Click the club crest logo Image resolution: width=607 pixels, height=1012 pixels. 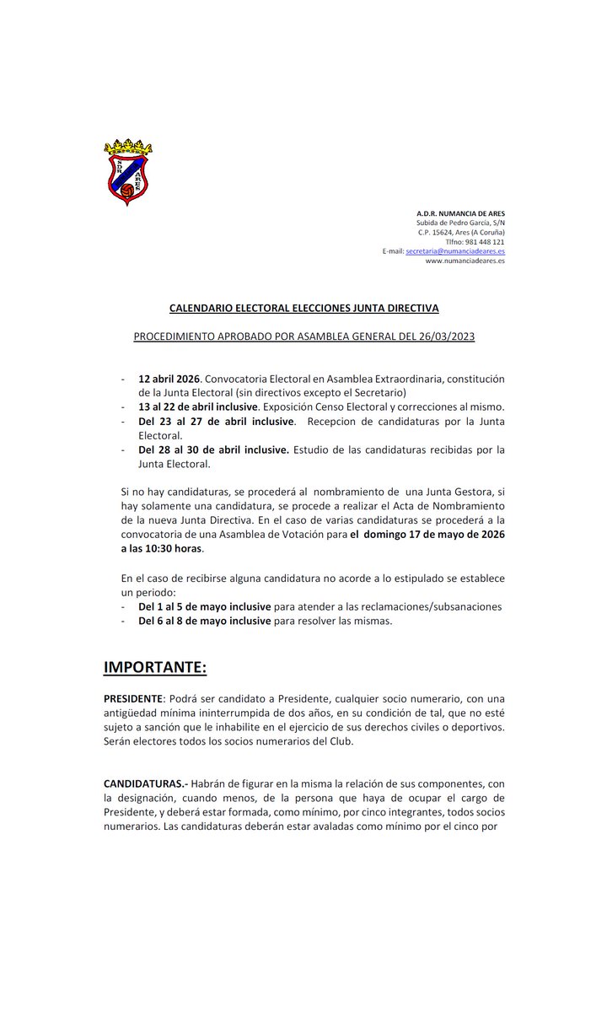(127, 172)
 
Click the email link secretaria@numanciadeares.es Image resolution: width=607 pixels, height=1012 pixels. (455, 251)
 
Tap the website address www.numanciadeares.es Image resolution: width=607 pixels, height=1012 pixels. (465, 261)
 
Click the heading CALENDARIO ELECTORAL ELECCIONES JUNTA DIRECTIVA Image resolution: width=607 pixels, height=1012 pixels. (303, 309)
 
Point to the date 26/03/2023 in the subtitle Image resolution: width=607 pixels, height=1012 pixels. (445, 336)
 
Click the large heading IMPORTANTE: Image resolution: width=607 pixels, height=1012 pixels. (154, 667)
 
